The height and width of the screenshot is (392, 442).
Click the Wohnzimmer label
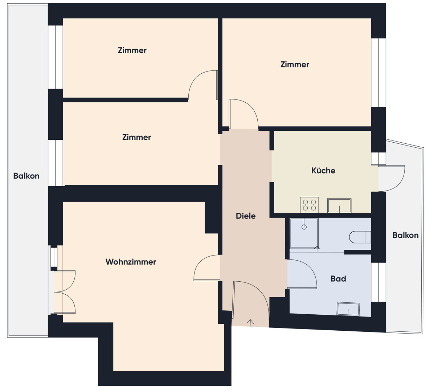coord(131,262)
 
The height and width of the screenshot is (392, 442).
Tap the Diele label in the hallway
coord(245,216)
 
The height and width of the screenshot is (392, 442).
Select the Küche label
coord(323,170)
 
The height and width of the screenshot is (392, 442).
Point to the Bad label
coord(338,279)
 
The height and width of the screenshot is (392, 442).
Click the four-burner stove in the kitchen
coord(309,205)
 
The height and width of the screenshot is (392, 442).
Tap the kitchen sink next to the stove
coord(339,205)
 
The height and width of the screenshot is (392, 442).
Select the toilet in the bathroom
coord(360,237)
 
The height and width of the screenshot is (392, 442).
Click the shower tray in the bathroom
coord(304,233)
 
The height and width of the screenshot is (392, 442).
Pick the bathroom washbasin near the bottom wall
coord(348,309)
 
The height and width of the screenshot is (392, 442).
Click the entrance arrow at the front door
coord(250,323)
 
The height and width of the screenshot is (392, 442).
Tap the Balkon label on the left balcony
coord(26,176)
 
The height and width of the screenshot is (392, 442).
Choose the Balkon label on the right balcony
coord(405,235)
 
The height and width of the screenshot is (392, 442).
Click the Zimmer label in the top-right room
coord(295,65)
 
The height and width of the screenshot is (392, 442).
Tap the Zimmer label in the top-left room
coord(132,50)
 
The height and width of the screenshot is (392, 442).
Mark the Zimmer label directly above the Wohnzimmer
coord(136,137)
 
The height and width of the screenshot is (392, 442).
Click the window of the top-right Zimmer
coord(378,73)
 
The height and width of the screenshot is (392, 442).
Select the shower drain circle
coord(304,227)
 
